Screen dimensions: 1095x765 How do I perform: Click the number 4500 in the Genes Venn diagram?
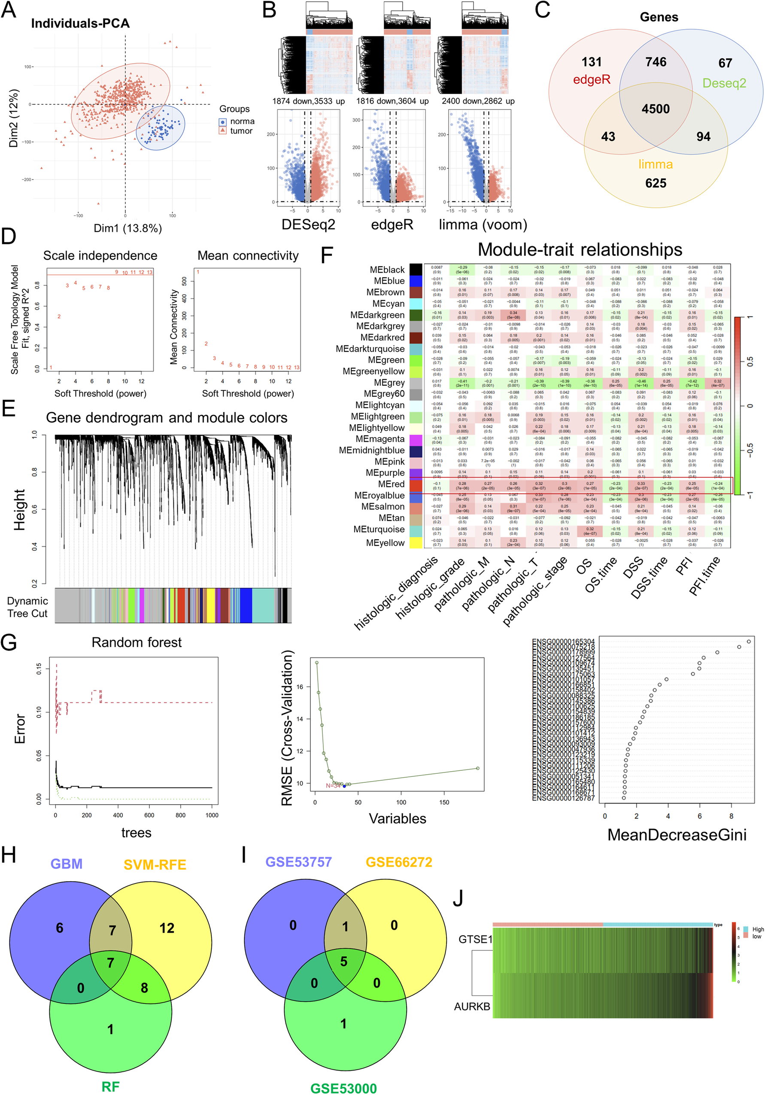click(x=655, y=109)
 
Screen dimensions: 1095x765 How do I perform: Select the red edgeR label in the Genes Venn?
click(x=592, y=79)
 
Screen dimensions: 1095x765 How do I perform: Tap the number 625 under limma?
click(x=655, y=183)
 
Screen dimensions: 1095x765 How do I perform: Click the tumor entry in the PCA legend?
click(x=241, y=131)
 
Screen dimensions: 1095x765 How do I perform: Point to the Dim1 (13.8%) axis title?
click(x=127, y=228)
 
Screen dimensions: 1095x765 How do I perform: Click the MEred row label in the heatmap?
click(x=391, y=484)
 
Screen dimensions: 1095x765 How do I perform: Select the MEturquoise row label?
click(x=379, y=529)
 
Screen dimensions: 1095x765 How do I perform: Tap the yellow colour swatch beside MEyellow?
click(x=416, y=543)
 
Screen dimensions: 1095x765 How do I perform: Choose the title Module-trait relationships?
click(x=580, y=250)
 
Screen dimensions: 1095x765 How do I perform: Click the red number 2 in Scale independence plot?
click(x=59, y=316)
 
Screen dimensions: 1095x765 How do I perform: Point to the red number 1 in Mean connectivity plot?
click(x=198, y=272)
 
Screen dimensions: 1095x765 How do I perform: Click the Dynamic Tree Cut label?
click(x=27, y=607)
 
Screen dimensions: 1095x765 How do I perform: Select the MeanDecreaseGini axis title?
click(x=676, y=835)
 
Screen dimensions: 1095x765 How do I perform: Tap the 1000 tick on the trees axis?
click(x=212, y=815)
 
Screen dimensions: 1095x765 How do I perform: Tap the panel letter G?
click(x=9, y=642)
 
